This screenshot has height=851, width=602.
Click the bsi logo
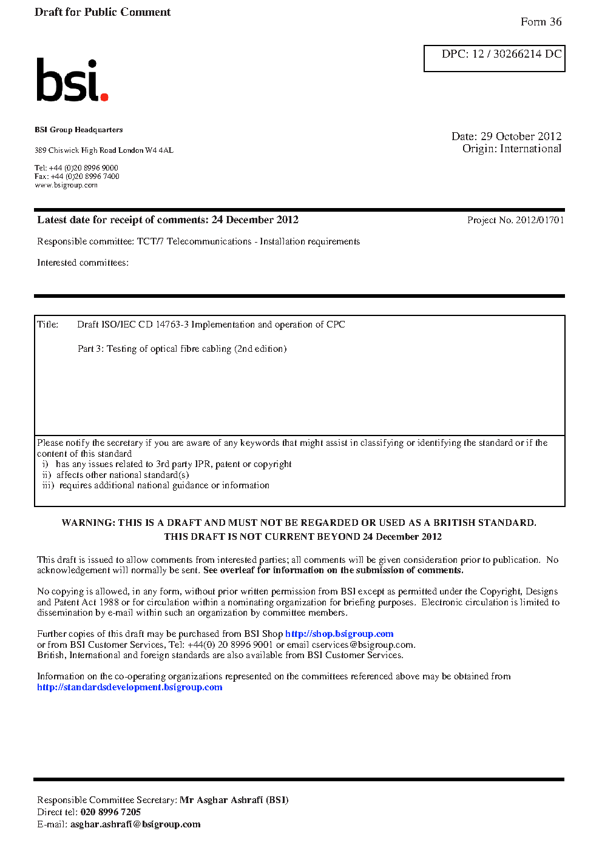tap(72, 80)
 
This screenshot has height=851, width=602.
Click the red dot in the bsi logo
tap(104, 96)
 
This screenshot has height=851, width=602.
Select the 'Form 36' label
tap(541, 22)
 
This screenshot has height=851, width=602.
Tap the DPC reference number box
tap(495, 58)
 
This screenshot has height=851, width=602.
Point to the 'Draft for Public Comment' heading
tap(103, 12)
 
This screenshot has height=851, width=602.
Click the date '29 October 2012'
tap(521, 136)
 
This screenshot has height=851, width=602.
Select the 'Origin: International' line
tap(512, 149)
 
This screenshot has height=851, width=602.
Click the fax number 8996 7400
tap(102, 177)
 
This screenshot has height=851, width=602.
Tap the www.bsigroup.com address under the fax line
tap(66, 185)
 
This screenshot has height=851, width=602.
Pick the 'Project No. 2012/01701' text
tap(515, 220)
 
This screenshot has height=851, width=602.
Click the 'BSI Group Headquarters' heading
tap(79, 130)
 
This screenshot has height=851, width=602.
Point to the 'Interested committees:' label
tap(83, 263)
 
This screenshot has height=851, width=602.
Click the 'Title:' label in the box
tap(48, 325)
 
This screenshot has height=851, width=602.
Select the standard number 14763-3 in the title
tap(172, 325)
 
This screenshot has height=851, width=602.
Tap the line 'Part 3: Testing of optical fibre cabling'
tap(182, 349)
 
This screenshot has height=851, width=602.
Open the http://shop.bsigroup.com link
tap(339, 634)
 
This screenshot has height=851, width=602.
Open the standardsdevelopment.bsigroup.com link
tap(130, 687)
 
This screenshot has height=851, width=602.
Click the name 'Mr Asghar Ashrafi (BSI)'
tap(234, 800)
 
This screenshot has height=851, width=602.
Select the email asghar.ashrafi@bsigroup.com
tap(135, 824)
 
